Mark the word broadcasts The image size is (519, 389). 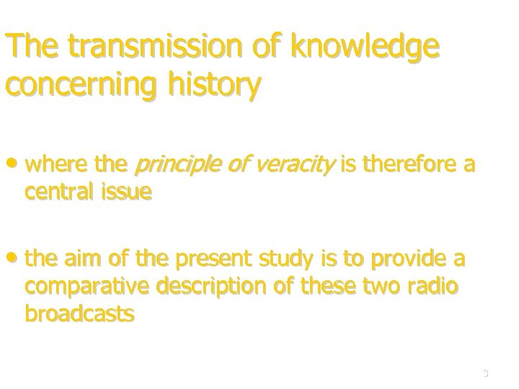point(79,313)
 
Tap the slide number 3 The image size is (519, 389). point(486,373)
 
